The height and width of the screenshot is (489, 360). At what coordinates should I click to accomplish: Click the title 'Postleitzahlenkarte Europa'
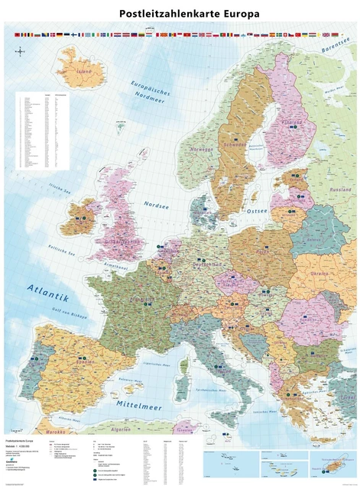coord(179,14)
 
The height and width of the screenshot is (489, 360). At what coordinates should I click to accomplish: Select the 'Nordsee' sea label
coord(158,204)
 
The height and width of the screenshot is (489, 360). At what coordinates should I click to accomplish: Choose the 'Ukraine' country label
coord(319,273)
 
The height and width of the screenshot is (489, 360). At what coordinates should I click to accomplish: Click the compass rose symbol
coord(19,52)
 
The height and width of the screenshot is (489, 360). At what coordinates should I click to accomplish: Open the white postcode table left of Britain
coord(42,130)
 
